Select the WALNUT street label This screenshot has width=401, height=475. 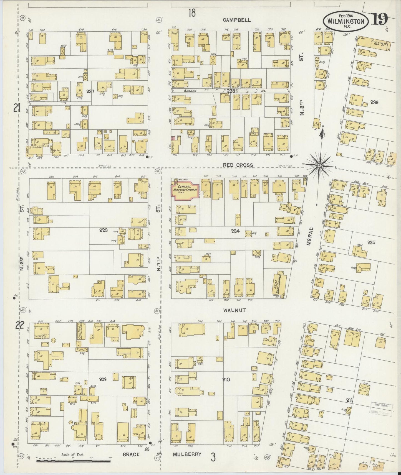(x=234, y=310)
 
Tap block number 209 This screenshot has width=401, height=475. (x=103, y=379)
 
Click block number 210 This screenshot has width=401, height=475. (x=226, y=379)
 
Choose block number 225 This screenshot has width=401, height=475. (x=371, y=242)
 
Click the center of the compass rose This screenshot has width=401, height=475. (x=319, y=165)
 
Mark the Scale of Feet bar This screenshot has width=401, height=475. (x=74, y=461)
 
